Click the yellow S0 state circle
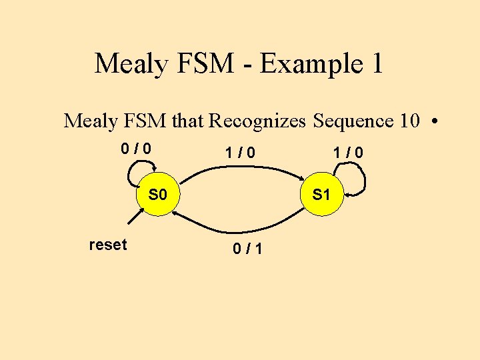pyautogui.click(x=157, y=195)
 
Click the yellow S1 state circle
pyautogui.click(x=321, y=195)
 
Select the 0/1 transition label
pyautogui.click(x=247, y=249)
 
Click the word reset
pyautogui.click(x=107, y=245)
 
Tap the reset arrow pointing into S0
pyautogui.click(x=132, y=221)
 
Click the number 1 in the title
pyautogui.click(x=375, y=63)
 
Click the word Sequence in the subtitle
pyautogui.click(x=353, y=121)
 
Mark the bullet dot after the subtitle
pyautogui.click(x=434, y=122)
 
